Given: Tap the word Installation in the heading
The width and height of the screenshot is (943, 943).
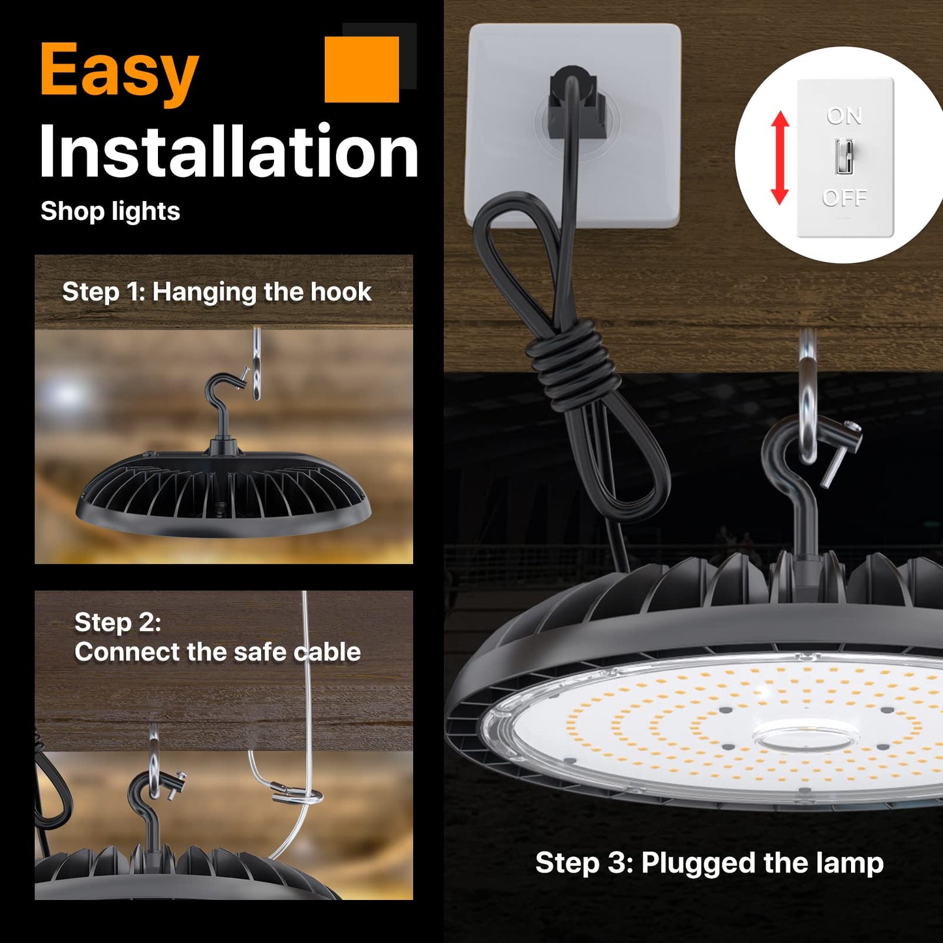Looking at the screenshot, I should pyautogui.click(x=228, y=151).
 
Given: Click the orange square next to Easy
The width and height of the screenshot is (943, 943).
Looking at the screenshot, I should pyautogui.click(x=362, y=69).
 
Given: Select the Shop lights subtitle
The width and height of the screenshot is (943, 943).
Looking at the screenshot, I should pyautogui.click(x=110, y=211).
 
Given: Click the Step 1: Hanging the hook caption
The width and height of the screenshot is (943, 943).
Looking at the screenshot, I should pyautogui.click(x=217, y=292).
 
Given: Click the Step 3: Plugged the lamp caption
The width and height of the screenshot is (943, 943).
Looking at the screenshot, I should pyautogui.click(x=709, y=863).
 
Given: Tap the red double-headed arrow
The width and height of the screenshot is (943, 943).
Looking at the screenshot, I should pyautogui.click(x=780, y=157).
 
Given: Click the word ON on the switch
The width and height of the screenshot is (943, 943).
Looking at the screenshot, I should pyautogui.click(x=844, y=116).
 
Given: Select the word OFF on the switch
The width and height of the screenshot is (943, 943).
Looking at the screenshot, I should pyautogui.click(x=844, y=198).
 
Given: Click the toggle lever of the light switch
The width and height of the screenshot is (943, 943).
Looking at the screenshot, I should pyautogui.click(x=844, y=157).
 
